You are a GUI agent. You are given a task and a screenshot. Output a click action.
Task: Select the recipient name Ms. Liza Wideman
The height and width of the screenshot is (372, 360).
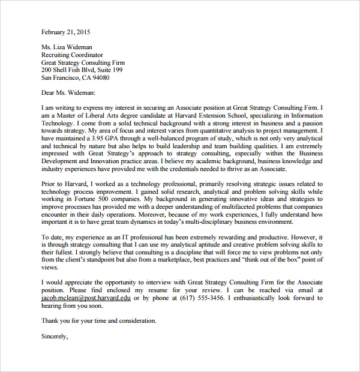67,46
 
